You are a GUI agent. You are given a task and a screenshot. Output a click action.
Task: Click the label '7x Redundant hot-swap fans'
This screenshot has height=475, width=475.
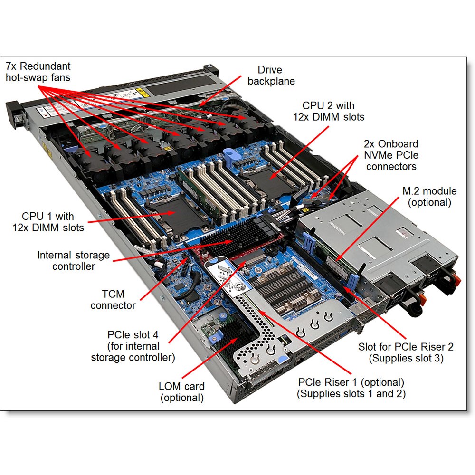point(38,72)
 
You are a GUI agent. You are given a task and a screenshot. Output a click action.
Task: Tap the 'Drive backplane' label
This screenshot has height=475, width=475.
point(271,76)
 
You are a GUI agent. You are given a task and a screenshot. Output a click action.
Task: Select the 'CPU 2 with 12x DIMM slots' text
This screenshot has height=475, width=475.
point(328,111)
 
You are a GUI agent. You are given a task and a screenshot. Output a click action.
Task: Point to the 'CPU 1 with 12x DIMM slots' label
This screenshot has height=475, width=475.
point(48,222)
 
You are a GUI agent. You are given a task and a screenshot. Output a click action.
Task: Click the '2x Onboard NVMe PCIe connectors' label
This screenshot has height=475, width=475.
point(391,155)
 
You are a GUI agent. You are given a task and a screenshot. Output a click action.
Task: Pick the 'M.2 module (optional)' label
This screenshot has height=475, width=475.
point(429,197)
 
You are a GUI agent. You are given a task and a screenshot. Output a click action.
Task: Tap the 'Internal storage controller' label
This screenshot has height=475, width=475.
point(73,260)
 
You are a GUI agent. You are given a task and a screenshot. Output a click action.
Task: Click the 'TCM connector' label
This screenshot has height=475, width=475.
point(113,300)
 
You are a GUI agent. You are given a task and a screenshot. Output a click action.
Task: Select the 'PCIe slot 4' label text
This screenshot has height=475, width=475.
point(133,335)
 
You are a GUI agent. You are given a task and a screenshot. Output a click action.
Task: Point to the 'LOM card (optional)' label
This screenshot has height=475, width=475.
point(182,392)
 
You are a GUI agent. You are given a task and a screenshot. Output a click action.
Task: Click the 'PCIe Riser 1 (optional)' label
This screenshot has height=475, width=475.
point(351,382)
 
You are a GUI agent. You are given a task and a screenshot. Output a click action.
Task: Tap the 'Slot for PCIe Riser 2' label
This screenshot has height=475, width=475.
point(406,347)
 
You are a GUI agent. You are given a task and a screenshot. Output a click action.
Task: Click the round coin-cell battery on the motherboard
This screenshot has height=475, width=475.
point(272,250)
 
